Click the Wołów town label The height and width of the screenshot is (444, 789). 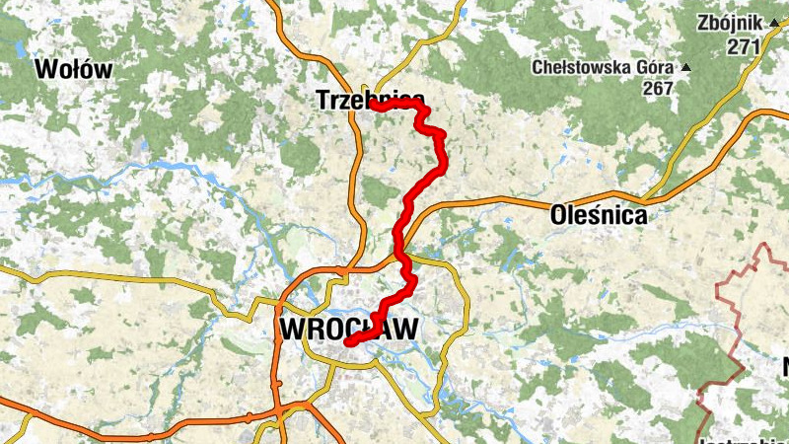click(x=74, y=69)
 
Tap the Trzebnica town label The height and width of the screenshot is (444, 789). click(x=371, y=100)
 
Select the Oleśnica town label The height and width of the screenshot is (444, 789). click(x=600, y=214)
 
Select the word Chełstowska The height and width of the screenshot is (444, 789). click(x=577, y=67)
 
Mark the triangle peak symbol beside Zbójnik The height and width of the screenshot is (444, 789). click(x=774, y=21)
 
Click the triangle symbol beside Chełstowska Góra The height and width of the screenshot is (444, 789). click(x=686, y=67)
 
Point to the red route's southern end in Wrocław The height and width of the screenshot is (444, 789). click(x=348, y=342)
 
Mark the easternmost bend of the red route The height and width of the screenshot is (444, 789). click(x=444, y=135)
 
